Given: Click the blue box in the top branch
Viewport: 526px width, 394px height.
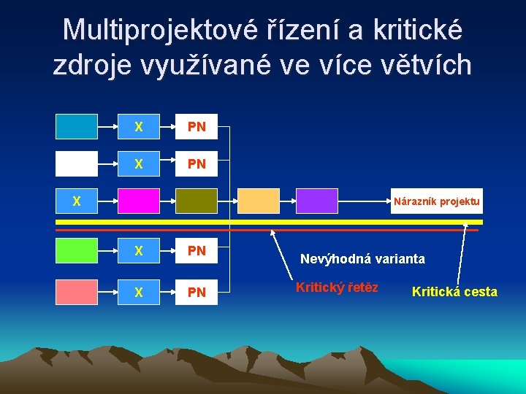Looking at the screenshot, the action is (77, 126).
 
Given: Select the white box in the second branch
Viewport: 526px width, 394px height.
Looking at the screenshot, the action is (77, 163).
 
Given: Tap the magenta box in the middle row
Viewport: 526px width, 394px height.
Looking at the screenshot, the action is (139, 201).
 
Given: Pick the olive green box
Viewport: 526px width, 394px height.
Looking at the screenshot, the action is (197, 201).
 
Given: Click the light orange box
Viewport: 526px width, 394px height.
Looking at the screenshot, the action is (259, 201).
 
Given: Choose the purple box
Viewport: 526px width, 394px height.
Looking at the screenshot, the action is (317, 201).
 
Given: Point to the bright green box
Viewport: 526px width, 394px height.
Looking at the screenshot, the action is (77, 250).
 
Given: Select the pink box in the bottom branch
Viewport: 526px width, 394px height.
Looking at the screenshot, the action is (77, 292).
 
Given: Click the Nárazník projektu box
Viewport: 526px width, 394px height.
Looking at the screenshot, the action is (436, 201).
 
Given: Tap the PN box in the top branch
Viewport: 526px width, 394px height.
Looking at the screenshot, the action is (197, 126).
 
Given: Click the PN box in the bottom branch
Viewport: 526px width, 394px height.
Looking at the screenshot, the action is (197, 292).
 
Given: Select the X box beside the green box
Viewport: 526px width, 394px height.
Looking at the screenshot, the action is (139, 250).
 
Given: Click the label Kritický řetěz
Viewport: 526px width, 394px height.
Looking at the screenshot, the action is (337, 287).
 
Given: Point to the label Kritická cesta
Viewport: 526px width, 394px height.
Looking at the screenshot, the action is (454, 292).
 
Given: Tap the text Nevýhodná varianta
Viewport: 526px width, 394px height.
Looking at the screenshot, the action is (362, 258).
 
